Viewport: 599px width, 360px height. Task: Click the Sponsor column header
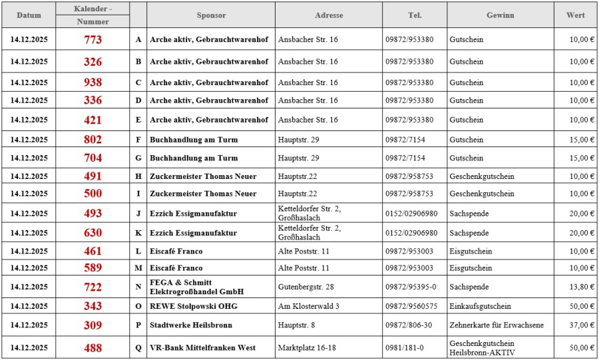(x=211, y=15)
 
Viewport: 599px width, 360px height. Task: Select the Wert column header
(x=576, y=15)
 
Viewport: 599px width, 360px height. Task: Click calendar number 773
(x=93, y=39)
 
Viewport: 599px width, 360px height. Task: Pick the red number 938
(x=93, y=83)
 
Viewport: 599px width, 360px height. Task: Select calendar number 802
(x=93, y=140)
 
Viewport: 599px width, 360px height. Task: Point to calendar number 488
(x=93, y=348)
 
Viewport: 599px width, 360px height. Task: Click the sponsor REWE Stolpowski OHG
(x=193, y=306)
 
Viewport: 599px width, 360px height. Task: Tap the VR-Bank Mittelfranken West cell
(x=202, y=348)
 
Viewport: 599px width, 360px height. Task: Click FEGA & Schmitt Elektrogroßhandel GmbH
(x=196, y=287)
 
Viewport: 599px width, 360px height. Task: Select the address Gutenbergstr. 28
(x=305, y=287)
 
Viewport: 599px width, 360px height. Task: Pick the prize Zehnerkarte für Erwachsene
(x=497, y=325)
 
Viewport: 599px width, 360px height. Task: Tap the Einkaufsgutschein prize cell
(x=481, y=306)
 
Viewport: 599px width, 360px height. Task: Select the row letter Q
(x=138, y=348)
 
